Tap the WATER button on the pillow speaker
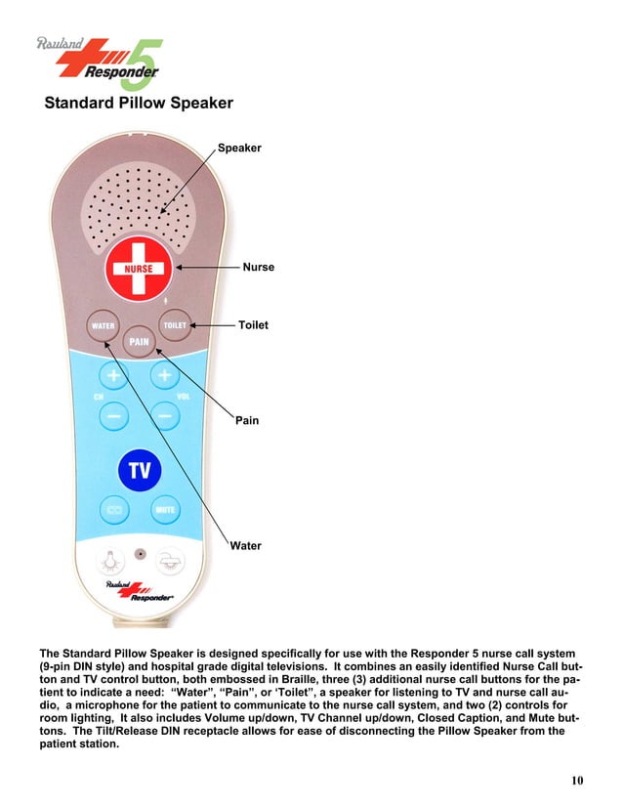[104, 326]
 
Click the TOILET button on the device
[175, 325]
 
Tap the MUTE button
[163, 510]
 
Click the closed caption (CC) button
[113, 510]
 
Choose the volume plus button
[163, 376]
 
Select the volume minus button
[163, 417]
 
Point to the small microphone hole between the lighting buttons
[141, 553]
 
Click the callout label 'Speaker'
[239, 148]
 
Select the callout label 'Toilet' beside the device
[253, 323]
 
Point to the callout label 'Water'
[246, 545]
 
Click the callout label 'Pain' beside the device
[247, 420]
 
